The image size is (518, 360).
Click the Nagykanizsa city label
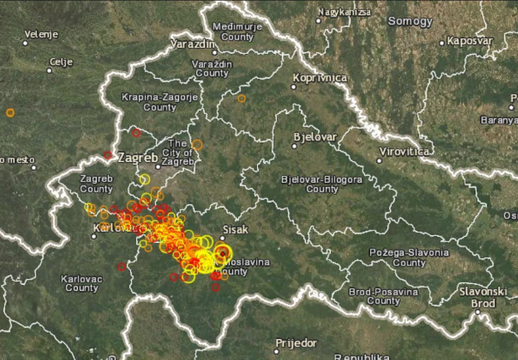click(344, 12)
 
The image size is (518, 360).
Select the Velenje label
click(41, 34)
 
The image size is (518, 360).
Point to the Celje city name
click(61, 61)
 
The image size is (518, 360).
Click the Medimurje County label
click(232, 31)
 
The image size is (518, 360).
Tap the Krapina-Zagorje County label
click(149, 102)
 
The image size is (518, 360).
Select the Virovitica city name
click(405, 151)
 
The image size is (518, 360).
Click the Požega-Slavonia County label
click(409, 258)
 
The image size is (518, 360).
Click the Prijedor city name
click(296, 343)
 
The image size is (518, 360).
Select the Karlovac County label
click(81, 283)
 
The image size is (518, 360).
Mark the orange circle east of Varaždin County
click(241, 98)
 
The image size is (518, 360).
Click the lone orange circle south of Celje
click(10, 112)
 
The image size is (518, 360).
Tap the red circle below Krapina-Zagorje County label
click(137, 133)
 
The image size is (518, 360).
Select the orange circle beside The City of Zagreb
click(197, 145)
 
